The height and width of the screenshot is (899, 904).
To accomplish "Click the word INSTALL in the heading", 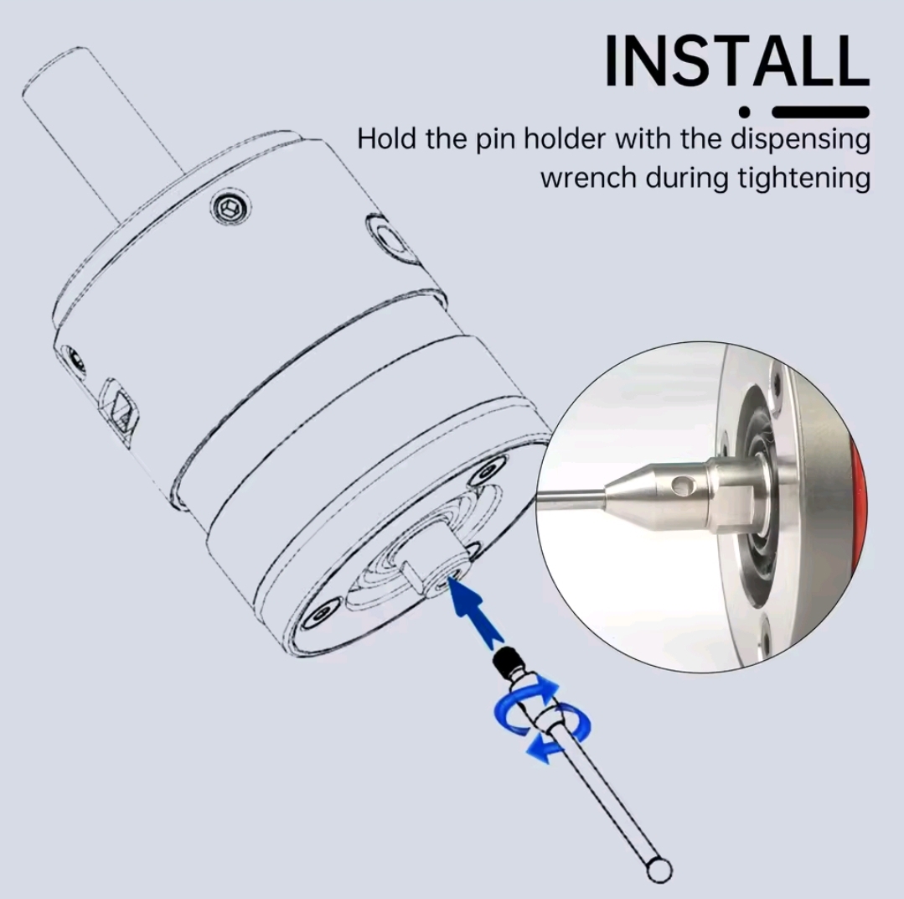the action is pyautogui.click(x=736, y=60).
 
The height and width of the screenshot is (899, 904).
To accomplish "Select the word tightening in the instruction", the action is pyautogui.click(x=803, y=179).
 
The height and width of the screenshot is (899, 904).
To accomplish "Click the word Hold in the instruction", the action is pyautogui.click(x=386, y=138).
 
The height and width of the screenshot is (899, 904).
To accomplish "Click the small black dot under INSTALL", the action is pyautogui.click(x=745, y=112).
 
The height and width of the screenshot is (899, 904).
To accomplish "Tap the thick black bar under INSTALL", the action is pyautogui.click(x=820, y=112).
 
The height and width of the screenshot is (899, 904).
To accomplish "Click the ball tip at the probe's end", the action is pyautogui.click(x=659, y=869).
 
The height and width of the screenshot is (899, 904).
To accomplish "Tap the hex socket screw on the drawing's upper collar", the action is pyautogui.click(x=230, y=206).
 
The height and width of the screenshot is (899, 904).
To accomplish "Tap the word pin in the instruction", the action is pyautogui.click(x=496, y=140).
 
